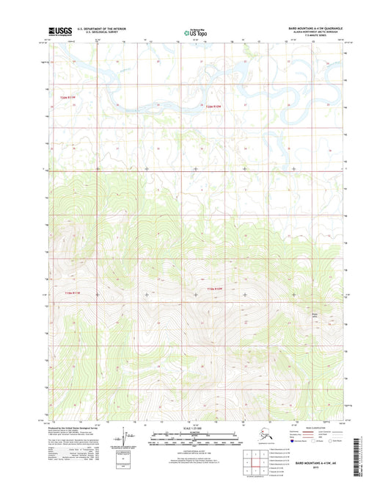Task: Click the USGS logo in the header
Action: pos(56,30)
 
